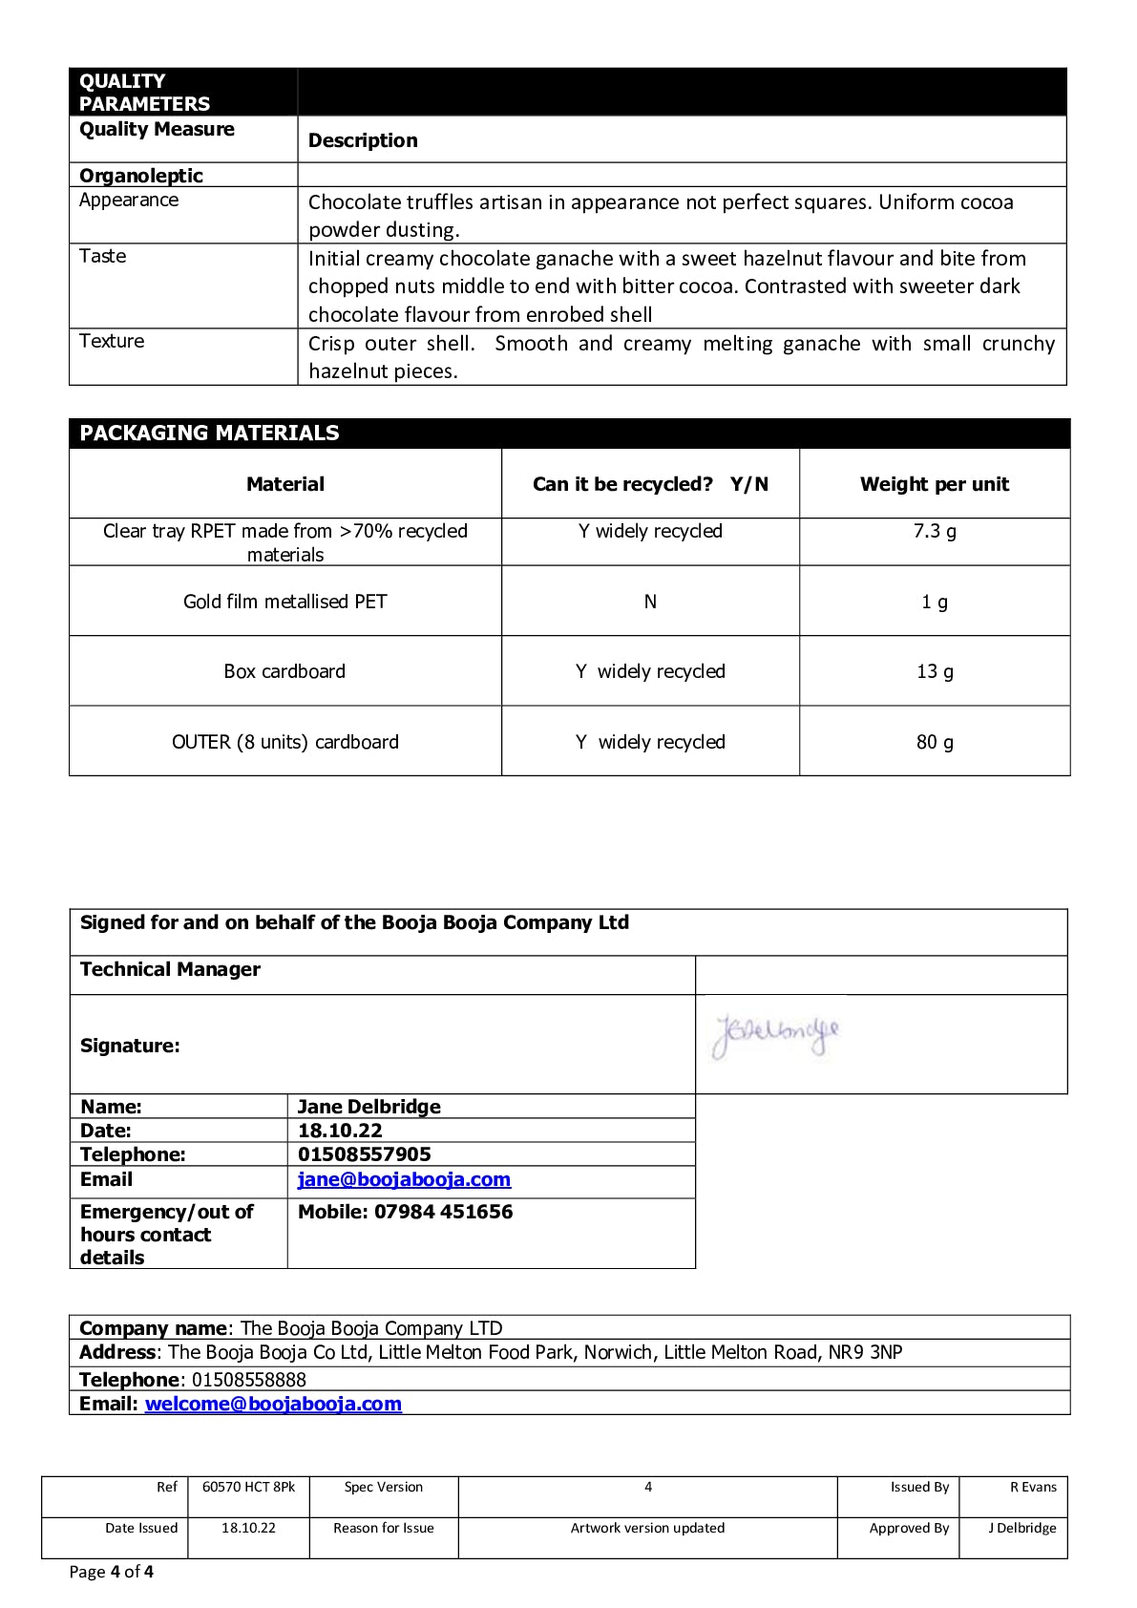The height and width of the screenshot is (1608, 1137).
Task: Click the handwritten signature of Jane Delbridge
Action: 775,1037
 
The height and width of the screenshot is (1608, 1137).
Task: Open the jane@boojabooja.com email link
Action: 404,1179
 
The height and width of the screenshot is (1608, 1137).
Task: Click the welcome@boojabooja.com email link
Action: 273,1404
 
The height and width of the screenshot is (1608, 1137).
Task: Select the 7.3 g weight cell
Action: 934,531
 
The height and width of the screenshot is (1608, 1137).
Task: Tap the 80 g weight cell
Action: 934,742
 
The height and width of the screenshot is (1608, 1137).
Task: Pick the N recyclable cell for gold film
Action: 650,602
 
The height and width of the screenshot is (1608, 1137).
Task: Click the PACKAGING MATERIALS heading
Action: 209,433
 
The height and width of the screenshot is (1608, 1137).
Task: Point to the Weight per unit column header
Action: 934,484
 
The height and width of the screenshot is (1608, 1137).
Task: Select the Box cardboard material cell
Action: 284,671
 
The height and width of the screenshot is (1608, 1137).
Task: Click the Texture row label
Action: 112,341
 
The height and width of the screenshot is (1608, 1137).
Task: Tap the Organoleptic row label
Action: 141,176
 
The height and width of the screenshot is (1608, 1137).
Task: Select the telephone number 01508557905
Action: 365,1154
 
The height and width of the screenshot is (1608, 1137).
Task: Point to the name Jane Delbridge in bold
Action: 369,1107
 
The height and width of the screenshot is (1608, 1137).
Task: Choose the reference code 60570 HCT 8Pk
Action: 248,1487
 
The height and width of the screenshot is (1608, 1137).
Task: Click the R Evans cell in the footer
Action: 1033,1487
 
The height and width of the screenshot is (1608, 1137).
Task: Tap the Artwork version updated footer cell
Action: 647,1528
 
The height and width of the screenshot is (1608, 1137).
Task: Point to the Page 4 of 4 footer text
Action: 112,1572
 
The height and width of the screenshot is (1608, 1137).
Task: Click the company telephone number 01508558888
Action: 249,1380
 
